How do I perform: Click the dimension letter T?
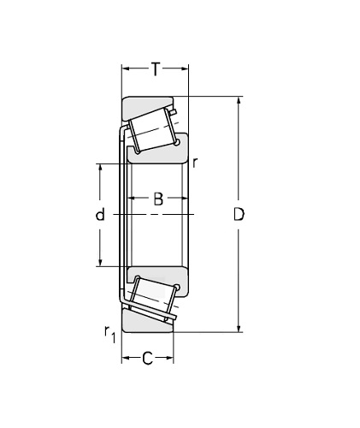(x=156, y=69)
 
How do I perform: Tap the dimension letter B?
(x=158, y=199)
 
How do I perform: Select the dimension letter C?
(x=147, y=359)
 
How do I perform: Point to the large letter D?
(x=239, y=215)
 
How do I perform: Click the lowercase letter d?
(x=100, y=214)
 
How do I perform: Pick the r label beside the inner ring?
(x=195, y=163)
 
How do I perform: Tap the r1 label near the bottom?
(x=109, y=335)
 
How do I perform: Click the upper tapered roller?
(x=151, y=130)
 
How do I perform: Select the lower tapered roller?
(x=153, y=297)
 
